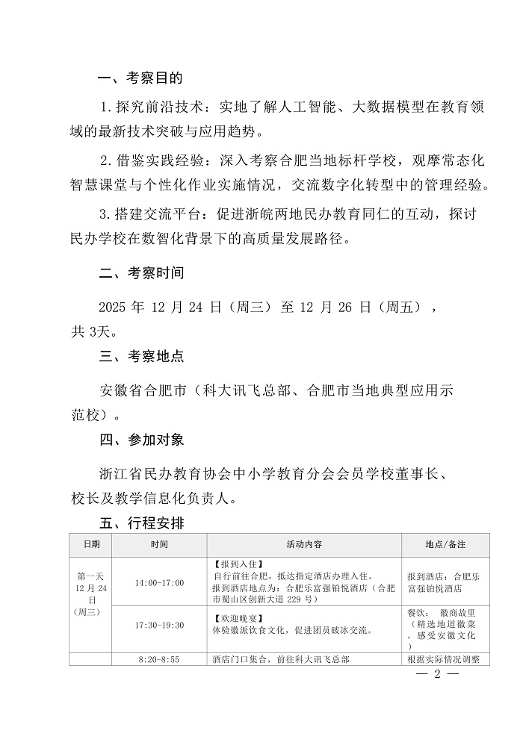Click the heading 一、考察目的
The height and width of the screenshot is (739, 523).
click(x=141, y=78)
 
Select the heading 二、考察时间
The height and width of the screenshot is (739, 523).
click(x=141, y=273)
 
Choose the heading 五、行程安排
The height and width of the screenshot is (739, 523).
click(x=141, y=523)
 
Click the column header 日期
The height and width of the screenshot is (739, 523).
click(x=91, y=545)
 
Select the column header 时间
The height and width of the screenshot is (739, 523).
click(x=159, y=545)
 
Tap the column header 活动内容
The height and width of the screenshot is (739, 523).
click(x=304, y=545)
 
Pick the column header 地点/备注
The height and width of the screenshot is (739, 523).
click(x=445, y=545)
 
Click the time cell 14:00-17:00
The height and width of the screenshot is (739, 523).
click(x=159, y=582)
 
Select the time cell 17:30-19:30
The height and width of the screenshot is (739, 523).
click(x=159, y=625)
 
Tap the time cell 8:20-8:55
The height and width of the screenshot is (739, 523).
click(x=159, y=660)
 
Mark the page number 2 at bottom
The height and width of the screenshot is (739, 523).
click(x=438, y=675)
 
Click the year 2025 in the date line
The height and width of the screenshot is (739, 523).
click(x=113, y=308)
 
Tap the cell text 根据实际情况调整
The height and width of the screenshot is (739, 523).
click(x=445, y=660)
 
